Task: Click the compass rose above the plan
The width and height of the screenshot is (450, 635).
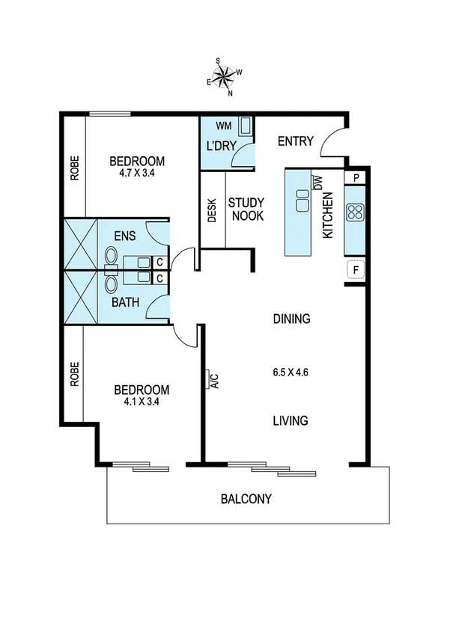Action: [x=225, y=76]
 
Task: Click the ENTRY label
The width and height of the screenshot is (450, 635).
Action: [x=295, y=142]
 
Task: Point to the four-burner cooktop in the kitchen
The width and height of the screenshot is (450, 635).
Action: [x=355, y=212]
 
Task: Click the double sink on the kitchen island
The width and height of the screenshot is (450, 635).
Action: [x=303, y=200]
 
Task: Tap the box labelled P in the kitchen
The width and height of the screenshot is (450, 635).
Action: [x=356, y=178]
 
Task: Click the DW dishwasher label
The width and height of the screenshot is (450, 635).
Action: [x=319, y=182]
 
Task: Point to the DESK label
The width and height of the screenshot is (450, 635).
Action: [x=212, y=210]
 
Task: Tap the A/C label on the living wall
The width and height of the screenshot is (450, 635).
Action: [x=213, y=381]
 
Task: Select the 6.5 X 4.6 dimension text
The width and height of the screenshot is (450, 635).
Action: [x=291, y=371]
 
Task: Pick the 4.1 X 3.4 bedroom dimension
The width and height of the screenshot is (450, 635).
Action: [x=141, y=401]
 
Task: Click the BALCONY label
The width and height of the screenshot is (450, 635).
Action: [x=246, y=499]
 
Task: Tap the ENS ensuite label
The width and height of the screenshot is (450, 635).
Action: [x=124, y=236]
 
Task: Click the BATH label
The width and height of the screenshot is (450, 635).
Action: [x=124, y=303]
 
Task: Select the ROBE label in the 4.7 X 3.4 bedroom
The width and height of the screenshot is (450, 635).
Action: [x=74, y=170]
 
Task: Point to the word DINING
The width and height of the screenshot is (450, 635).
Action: [x=291, y=319]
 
